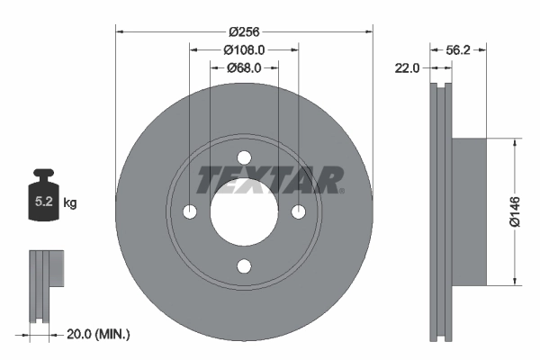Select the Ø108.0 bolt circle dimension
click(243, 49)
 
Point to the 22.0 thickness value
click(409, 67)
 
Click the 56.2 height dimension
click(460, 50)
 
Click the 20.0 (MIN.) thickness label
click(100, 334)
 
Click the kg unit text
click(71, 203)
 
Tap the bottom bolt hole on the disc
click(244, 265)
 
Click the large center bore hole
click(244, 212)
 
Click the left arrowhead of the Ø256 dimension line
click(120, 31)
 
